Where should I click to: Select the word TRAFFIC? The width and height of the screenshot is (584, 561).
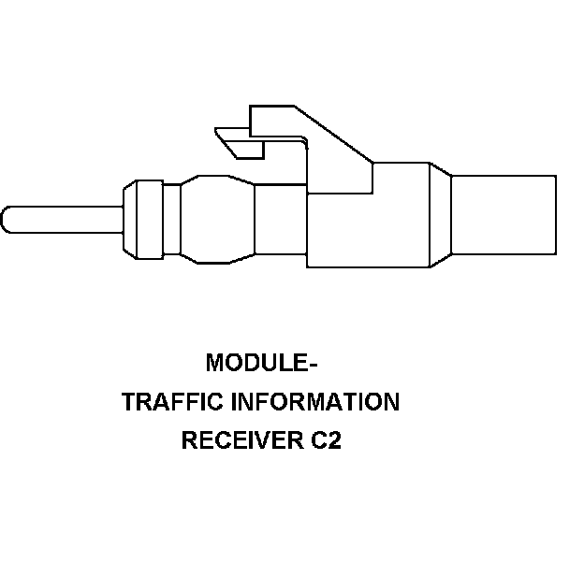coord(161,402)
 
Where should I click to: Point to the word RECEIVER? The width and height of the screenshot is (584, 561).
coord(241,440)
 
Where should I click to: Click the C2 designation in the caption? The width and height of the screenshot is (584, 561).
coord(327,440)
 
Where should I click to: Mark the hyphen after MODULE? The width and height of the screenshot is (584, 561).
coord(301,364)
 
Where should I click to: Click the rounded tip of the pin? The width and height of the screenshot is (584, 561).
coord(7,219)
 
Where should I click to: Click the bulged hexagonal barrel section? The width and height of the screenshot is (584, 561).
coord(217,219)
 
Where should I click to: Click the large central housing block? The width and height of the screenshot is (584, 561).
coord(367,220)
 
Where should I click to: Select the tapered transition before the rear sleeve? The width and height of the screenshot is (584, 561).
coord(440,215)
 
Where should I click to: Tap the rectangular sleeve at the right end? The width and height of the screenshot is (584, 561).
coord(504,215)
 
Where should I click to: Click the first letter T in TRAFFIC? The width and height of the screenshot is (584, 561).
coord(129,402)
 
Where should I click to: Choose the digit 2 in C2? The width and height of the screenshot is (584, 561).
coord(334,440)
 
